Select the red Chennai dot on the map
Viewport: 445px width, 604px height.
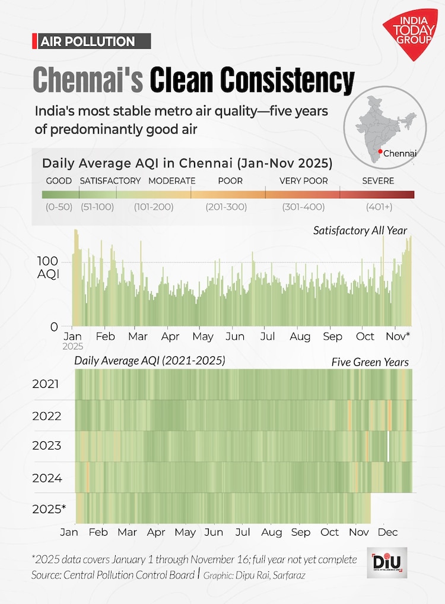[380, 153]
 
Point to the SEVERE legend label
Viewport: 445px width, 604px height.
[377, 181]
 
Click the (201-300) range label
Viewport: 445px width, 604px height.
[226, 207]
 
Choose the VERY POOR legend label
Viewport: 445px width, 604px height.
[303, 181]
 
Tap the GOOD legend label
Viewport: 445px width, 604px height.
[59, 181]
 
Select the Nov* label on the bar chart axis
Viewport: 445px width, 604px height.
[399, 336]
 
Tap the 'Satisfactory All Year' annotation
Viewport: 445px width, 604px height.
[360, 230]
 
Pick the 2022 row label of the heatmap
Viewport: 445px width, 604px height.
[47, 416]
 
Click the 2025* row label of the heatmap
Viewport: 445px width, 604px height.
[49, 509]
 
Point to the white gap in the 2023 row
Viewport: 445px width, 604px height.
[389, 447]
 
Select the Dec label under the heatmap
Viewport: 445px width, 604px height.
[387, 532]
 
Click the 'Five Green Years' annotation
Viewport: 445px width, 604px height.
[369, 362]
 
